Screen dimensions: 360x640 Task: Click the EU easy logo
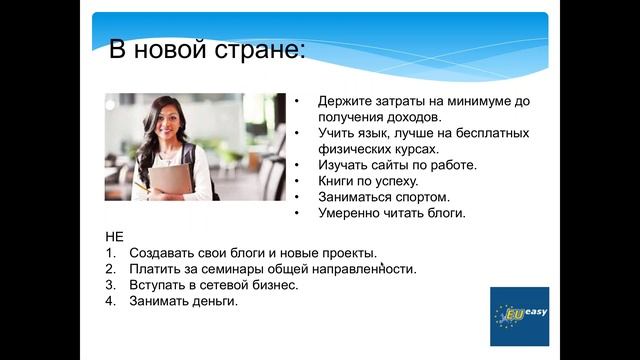tap(519, 315)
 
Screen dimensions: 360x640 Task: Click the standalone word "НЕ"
tap(114, 238)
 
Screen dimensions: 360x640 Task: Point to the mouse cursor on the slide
tap(382, 266)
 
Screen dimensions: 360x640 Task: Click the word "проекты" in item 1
tap(346, 253)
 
